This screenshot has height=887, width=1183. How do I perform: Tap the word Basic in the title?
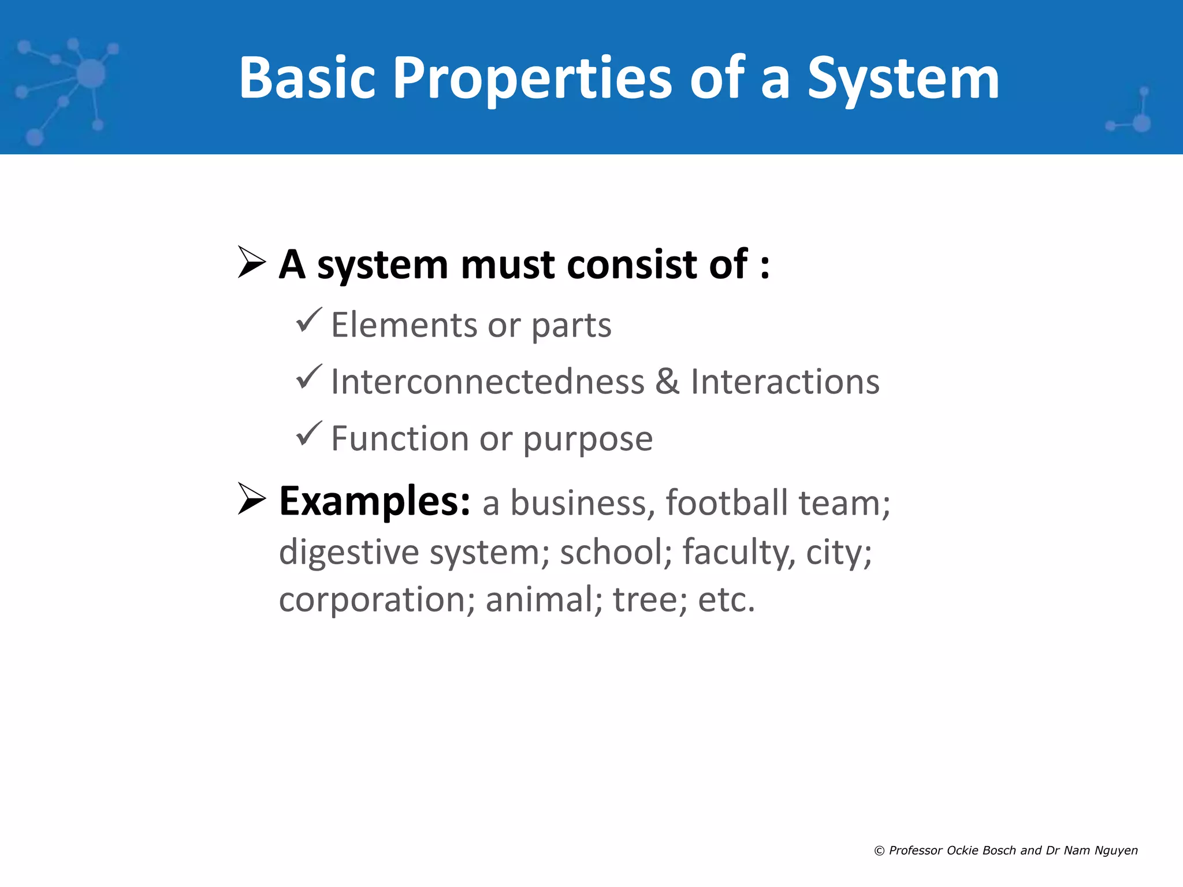point(307,78)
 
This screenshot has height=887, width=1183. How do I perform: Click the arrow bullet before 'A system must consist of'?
point(251,263)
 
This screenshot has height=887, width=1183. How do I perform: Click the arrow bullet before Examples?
point(251,500)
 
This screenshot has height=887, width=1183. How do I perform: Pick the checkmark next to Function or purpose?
point(308,434)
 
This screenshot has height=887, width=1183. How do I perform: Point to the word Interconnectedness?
point(488,382)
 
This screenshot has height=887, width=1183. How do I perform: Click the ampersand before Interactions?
point(667,382)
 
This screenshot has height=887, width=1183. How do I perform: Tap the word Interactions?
point(785,382)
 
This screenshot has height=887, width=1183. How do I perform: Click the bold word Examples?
point(374,501)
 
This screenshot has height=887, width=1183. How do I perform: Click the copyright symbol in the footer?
point(879,851)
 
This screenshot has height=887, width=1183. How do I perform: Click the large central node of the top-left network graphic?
point(91,74)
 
